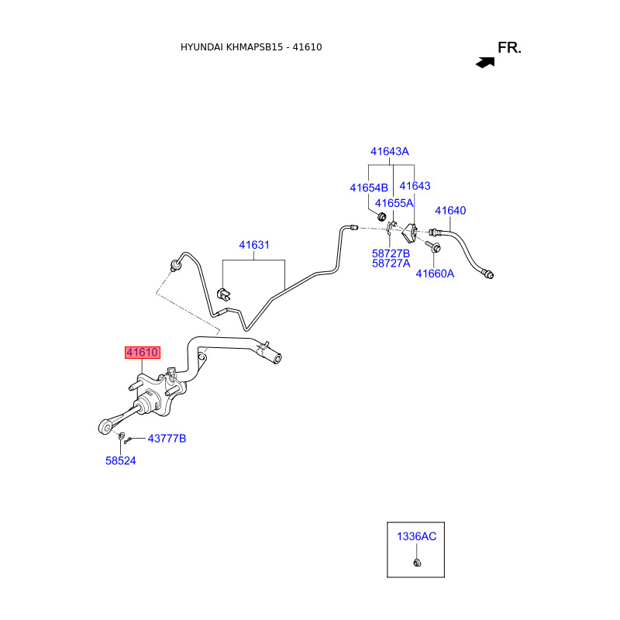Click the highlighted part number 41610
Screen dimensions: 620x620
[143, 353]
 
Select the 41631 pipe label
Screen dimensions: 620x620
[254, 246]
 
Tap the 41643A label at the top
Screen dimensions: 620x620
[389, 152]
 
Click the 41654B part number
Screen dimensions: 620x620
[369, 188]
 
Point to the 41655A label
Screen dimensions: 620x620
[394, 204]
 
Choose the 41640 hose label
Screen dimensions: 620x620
[450, 211]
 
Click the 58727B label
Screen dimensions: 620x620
[391, 253]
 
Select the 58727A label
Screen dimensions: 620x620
[391, 263]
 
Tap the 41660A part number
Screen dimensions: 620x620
[435, 274]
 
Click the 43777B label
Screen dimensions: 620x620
[167, 439]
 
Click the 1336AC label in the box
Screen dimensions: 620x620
[417, 536]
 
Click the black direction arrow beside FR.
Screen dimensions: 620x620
[485, 62]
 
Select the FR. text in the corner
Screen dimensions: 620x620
[509, 48]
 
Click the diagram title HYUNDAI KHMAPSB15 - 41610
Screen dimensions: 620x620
[251, 47]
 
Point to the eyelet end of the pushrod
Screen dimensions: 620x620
[106, 426]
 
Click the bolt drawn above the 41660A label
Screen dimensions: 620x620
[432, 247]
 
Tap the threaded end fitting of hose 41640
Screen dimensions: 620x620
[487, 273]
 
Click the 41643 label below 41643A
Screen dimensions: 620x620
[415, 187]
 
